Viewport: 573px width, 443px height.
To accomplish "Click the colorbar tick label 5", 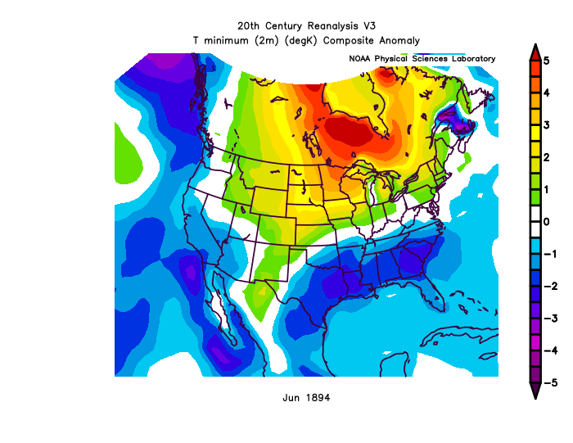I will click(x=557, y=61).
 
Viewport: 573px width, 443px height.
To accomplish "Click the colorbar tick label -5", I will click(x=555, y=382).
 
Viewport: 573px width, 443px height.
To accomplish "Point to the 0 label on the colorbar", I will click(x=557, y=222).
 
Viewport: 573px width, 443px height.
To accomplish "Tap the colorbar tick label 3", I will click(x=557, y=125).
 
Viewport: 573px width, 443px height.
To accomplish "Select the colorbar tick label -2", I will click(x=555, y=286).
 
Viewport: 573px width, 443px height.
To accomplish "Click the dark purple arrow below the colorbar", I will click(x=534, y=391).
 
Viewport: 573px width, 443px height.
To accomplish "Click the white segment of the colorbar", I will click(x=534, y=221).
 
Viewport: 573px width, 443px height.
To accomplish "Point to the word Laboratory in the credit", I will click(x=470, y=59).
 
